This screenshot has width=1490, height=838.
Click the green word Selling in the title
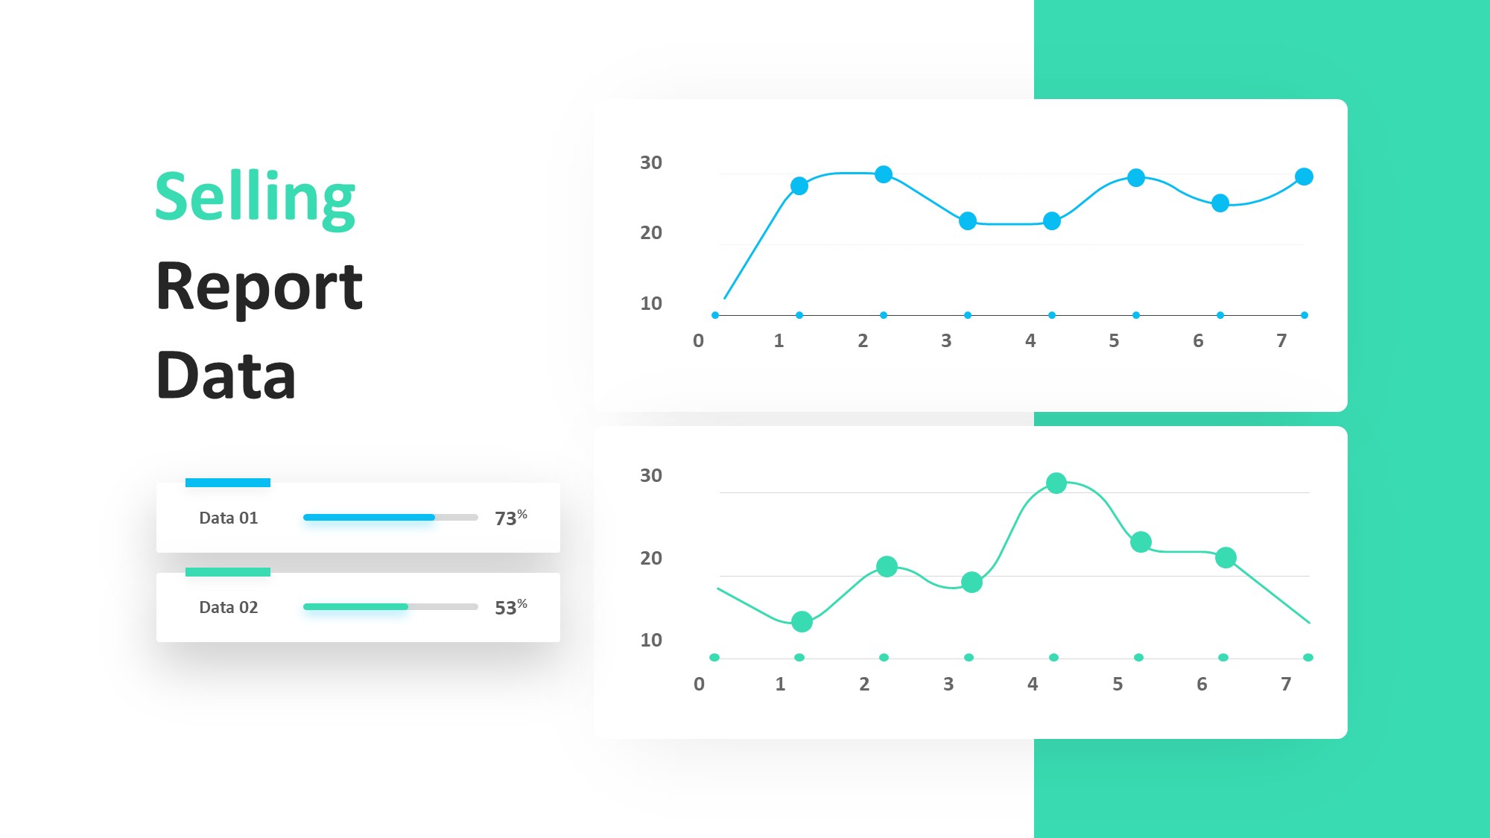[x=255, y=198]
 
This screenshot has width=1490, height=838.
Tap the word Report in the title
[x=259, y=288]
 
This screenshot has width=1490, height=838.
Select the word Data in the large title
[x=226, y=375]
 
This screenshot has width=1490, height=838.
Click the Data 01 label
[x=229, y=518]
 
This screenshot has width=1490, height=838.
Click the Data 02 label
[x=229, y=607]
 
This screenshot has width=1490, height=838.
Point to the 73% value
[x=511, y=518]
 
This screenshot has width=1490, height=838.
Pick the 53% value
[x=511, y=607]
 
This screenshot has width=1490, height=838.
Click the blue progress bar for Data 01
[x=369, y=517]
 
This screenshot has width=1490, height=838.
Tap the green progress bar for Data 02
[x=355, y=606]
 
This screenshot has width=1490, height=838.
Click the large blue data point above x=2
[x=884, y=174]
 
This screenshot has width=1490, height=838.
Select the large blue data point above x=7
[x=1304, y=177]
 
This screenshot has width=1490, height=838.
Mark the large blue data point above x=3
[x=968, y=221]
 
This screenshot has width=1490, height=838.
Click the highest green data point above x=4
[x=1056, y=483]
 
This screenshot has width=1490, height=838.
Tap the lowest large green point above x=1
[x=802, y=621]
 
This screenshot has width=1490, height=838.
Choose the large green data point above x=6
[x=1226, y=557]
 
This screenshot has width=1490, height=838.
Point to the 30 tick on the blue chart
[x=651, y=162]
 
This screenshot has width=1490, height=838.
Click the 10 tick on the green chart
[x=651, y=640]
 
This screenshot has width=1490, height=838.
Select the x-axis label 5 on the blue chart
[x=1114, y=341]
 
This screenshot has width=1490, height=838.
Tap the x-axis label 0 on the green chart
[x=699, y=684]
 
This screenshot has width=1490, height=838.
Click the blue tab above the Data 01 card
[x=228, y=483]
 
